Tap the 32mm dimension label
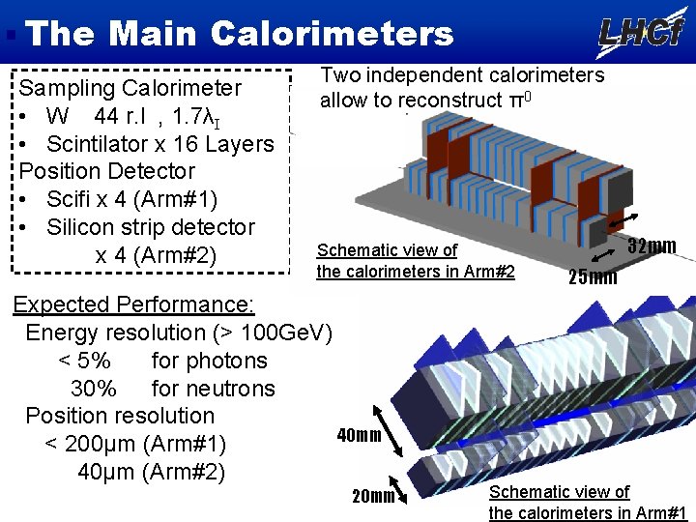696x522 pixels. coord(652,246)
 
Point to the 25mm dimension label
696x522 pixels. coord(593,278)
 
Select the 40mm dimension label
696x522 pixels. coord(359,435)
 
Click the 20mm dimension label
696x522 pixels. coord(373,497)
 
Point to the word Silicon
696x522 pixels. coord(86,228)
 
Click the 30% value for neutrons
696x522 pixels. coord(94,389)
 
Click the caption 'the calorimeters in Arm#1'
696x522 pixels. coord(588,512)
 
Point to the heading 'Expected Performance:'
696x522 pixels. coord(133,305)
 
